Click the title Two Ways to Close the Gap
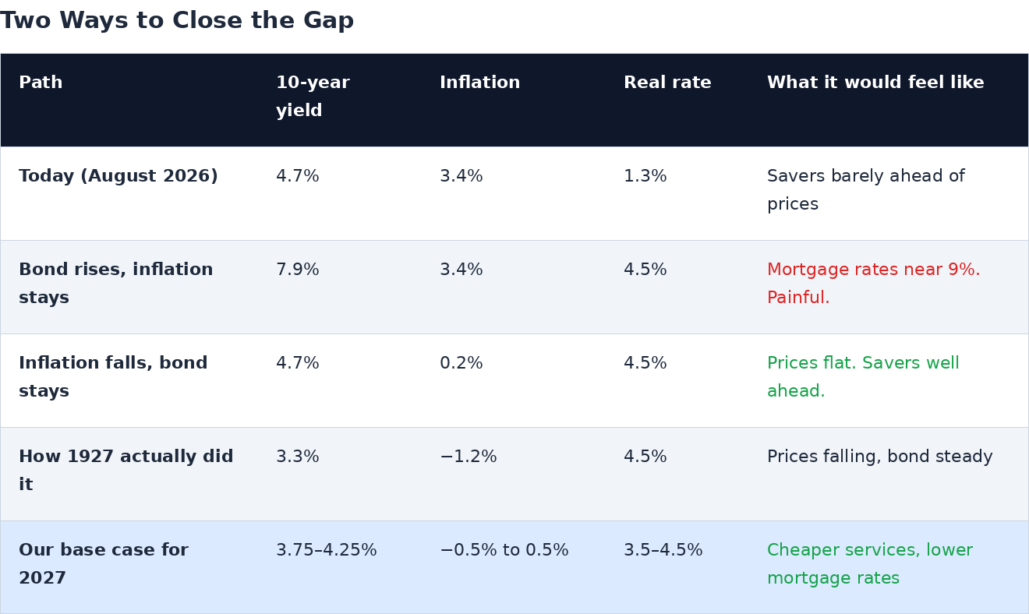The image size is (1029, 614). pos(177,21)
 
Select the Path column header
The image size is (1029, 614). pos(41,82)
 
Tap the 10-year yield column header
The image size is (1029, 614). pos(313,96)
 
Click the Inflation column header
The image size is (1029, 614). pos(480,82)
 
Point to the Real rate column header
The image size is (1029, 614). pos(667,82)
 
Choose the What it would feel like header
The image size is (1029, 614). pos(875,82)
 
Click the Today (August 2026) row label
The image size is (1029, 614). pos(118,176)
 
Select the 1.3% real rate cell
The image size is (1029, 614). pos(645,176)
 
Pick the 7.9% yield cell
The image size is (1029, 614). pos(297,269)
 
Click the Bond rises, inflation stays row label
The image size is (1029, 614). pos(115,283)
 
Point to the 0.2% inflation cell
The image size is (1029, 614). pos(461,363)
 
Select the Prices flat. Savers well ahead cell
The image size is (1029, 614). pos(863,376)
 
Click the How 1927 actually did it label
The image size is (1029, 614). pos(126,471)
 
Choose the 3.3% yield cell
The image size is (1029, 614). pos(297,457)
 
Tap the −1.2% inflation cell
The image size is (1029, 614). pos(468,457)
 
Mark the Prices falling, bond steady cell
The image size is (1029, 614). pos(879,457)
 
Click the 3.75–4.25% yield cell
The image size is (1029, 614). pos(326,549)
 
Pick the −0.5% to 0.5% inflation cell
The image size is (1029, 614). pos(504,549)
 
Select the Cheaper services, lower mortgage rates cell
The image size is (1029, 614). pos(870,563)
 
